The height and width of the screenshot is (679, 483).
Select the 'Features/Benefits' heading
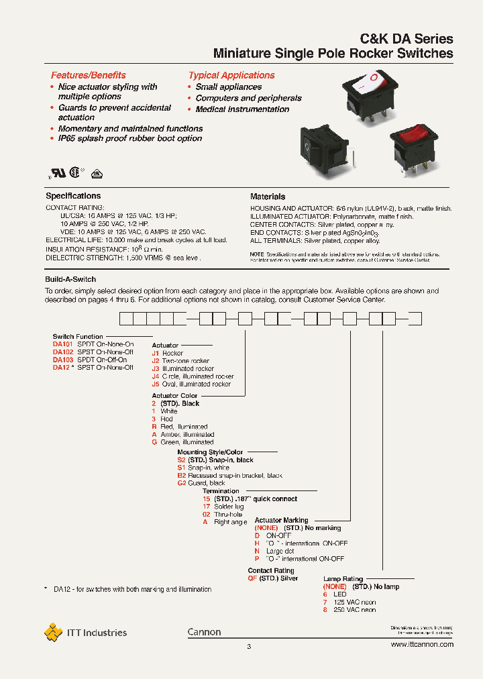(88, 75)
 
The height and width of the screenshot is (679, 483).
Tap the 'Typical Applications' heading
(231, 75)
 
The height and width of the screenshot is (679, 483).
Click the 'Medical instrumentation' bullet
(242, 109)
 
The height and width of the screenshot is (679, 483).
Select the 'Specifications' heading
(73, 196)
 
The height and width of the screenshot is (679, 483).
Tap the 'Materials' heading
(268, 197)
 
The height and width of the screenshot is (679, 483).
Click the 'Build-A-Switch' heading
(70, 279)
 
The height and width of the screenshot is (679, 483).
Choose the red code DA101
(62, 344)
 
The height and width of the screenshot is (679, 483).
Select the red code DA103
(62, 360)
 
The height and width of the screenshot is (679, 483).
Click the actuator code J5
(156, 384)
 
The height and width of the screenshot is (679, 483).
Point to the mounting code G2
(181, 483)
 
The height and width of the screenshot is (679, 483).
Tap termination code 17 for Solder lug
(207, 507)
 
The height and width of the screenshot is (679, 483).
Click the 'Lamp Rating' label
(343, 578)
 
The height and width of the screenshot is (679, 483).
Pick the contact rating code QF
(253, 578)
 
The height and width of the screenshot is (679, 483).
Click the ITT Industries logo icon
(53, 632)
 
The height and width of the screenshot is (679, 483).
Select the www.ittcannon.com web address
(421, 644)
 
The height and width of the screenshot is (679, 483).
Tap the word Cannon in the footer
(204, 632)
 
